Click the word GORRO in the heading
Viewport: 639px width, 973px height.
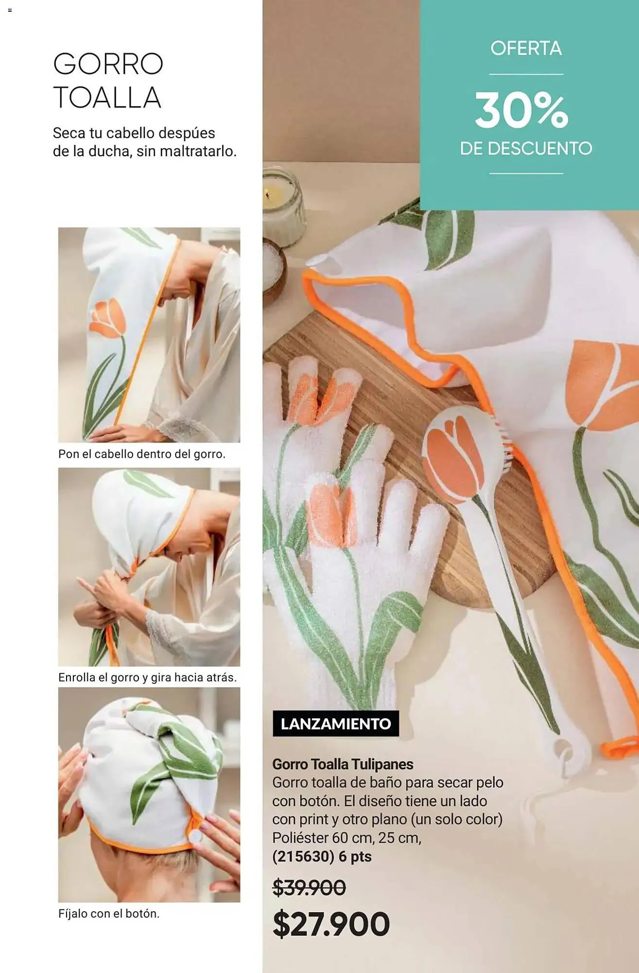108,64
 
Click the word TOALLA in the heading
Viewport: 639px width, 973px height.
107,97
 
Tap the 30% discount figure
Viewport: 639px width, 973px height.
521,111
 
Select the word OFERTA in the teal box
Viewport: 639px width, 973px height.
526,48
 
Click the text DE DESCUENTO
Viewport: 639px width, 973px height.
526,148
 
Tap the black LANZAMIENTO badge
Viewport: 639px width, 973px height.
336,723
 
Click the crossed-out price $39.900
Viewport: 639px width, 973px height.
309,887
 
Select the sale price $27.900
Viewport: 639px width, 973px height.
331,924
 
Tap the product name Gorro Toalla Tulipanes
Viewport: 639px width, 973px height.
343,764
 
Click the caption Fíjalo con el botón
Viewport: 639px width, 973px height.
109,914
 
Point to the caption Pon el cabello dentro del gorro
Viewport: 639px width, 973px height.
142,454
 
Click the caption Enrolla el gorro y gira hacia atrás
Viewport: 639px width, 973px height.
147,677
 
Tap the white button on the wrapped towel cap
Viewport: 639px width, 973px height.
195,836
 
